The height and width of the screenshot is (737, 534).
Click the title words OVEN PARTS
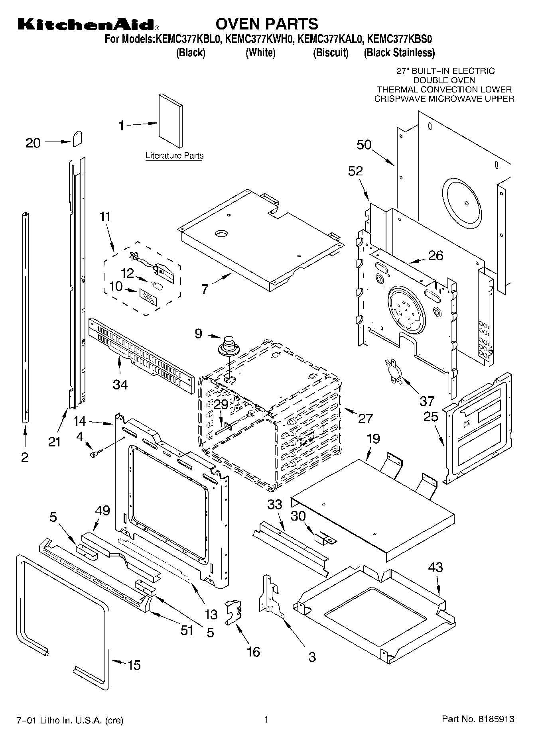pyautogui.click(x=267, y=24)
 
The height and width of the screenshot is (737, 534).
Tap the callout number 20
pyautogui.click(x=33, y=143)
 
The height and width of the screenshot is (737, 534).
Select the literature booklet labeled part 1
pyautogui.click(x=171, y=120)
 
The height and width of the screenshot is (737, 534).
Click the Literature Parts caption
pyautogui.click(x=174, y=156)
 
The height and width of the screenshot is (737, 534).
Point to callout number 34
pyautogui.click(x=120, y=385)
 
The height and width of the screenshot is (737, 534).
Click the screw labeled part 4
pyautogui.click(x=95, y=453)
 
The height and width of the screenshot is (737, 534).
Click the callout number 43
pyautogui.click(x=435, y=567)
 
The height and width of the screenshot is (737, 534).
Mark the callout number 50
pyautogui.click(x=364, y=145)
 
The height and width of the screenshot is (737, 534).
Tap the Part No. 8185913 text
pyautogui.click(x=478, y=719)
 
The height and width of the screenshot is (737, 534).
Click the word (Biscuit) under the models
pyautogui.click(x=331, y=53)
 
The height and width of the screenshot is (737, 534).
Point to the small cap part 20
pyautogui.click(x=77, y=138)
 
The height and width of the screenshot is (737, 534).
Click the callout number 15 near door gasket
pyautogui.click(x=134, y=665)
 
